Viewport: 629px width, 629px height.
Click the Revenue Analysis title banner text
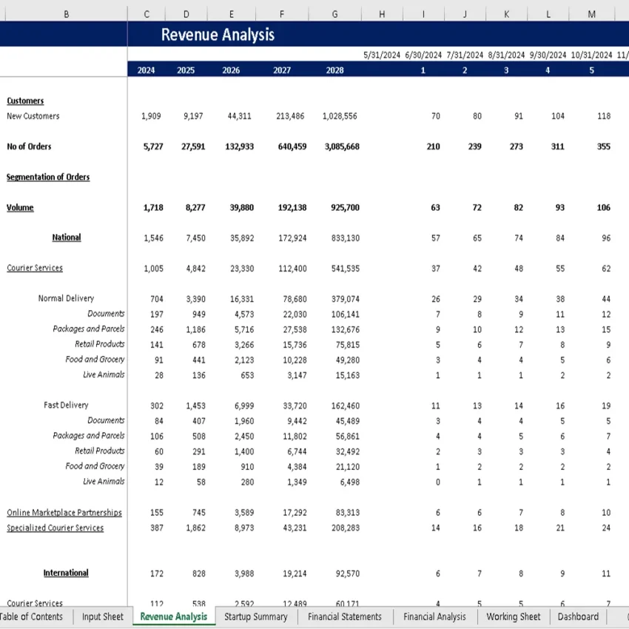(x=218, y=35)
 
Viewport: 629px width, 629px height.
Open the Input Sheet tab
(x=103, y=616)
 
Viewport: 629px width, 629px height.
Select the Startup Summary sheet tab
(x=255, y=616)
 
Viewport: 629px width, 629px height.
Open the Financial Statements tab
(x=345, y=616)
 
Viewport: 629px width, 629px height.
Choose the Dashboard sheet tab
(x=578, y=616)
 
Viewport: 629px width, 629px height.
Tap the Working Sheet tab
(x=514, y=616)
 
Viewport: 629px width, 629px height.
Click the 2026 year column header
(x=231, y=71)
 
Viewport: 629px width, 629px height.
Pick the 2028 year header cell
(x=334, y=71)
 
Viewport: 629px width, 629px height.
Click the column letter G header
(x=335, y=14)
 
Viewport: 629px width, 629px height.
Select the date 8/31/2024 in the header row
(x=507, y=55)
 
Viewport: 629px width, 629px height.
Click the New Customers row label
(x=33, y=116)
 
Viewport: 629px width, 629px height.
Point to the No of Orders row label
(x=29, y=147)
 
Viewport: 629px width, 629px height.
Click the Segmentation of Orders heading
(x=48, y=177)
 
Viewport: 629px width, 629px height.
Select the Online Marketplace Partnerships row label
(x=64, y=512)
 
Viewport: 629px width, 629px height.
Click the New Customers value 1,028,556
(x=340, y=116)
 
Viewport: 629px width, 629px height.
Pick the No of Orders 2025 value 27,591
(x=193, y=147)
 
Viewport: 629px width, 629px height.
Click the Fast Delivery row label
(x=66, y=405)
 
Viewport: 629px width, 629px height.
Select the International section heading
(x=66, y=573)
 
